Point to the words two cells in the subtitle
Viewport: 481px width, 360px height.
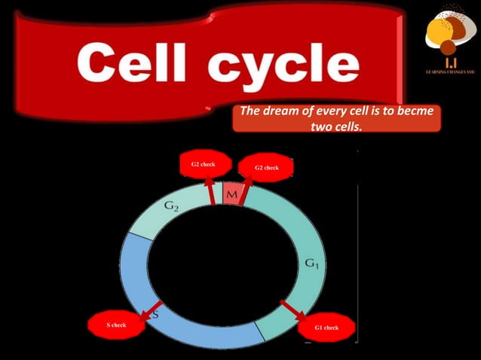coord(336,127)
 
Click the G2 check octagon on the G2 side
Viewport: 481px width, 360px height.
coord(203,164)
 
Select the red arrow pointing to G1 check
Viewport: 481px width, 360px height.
coord(293,310)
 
